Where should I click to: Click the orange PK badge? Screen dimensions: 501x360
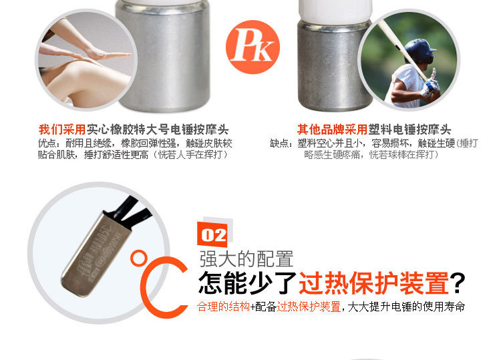253,47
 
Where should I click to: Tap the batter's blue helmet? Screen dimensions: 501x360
420,51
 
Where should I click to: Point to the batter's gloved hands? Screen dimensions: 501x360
430,84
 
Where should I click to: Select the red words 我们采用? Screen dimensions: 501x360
62,130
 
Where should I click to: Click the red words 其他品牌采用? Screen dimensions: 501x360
332,130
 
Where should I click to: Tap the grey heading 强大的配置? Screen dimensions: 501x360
246,259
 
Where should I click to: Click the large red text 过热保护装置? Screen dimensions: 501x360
373,283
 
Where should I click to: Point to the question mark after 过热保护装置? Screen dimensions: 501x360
458,283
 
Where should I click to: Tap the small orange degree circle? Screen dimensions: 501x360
138,258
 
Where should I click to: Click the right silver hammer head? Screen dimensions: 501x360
332,65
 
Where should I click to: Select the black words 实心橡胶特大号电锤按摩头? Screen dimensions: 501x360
158,130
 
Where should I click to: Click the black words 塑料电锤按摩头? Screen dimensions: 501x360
409,130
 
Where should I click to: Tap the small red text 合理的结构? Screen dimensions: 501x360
223,307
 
